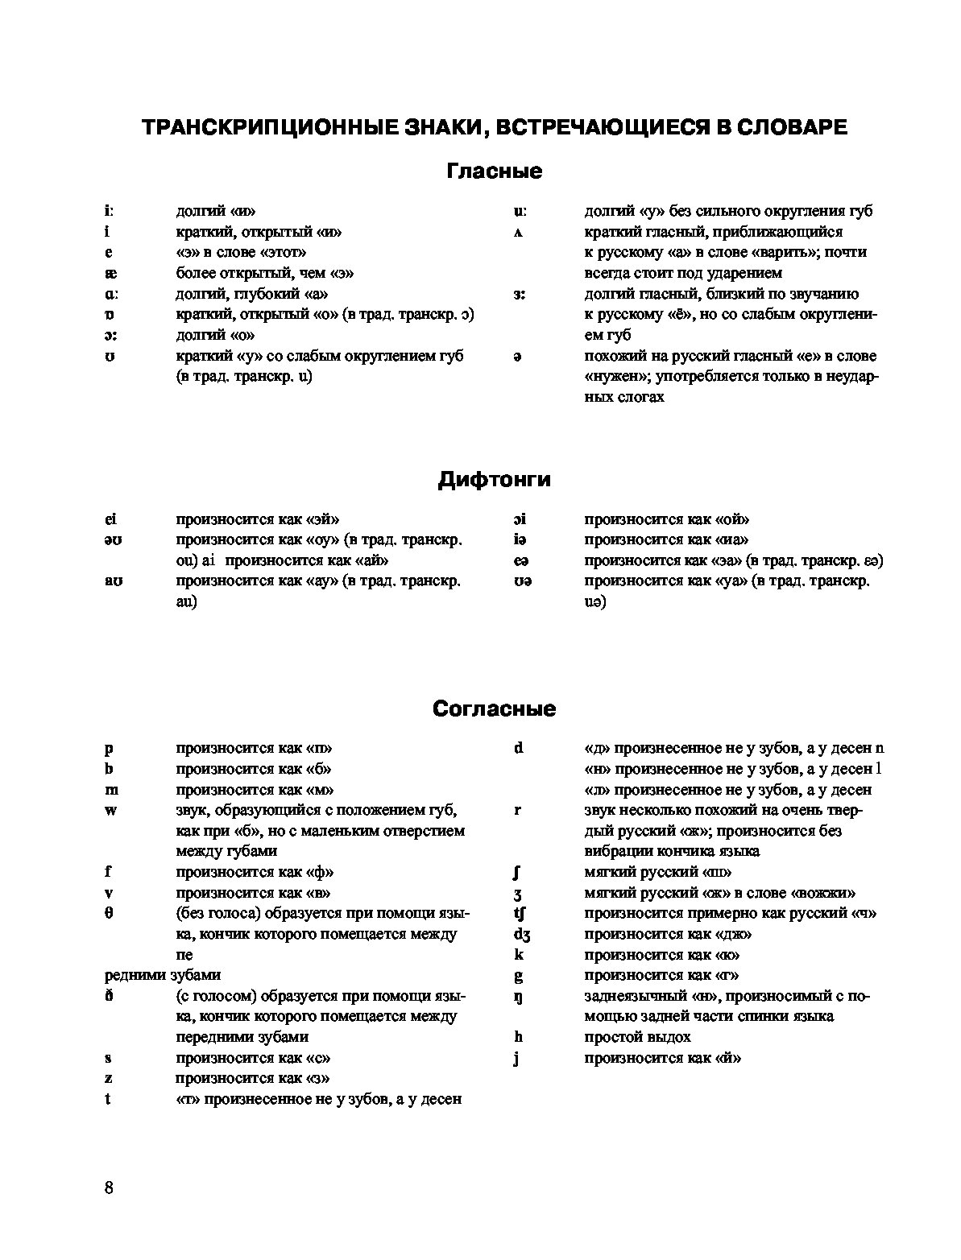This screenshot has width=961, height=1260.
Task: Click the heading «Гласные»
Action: click(494, 171)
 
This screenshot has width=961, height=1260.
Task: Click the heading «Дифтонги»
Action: click(494, 480)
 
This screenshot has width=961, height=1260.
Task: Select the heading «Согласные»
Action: click(494, 708)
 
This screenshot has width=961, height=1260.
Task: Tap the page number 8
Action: click(110, 1188)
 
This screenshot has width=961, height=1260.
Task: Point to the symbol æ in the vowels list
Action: click(110, 273)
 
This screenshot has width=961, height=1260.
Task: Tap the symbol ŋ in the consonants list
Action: click(518, 997)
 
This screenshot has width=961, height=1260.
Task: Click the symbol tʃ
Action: click(520, 914)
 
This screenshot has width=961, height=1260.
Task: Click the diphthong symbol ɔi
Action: click(520, 520)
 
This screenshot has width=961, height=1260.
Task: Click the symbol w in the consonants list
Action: click(110, 810)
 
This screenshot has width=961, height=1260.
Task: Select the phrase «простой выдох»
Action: click(636, 1037)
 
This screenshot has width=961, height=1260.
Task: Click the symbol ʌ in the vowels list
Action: click(518, 233)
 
